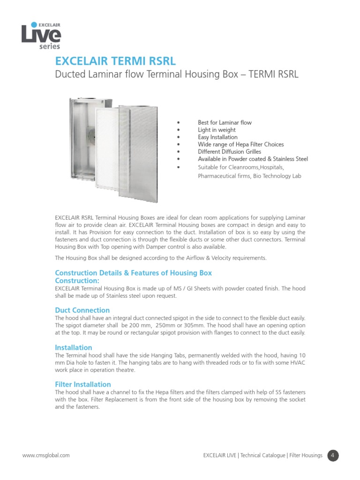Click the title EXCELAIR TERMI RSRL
coord(116,61)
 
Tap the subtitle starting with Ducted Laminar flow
coord(177,75)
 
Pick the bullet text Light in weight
coord(217,130)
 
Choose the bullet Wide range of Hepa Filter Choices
coord(240,144)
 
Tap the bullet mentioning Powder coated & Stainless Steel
coord(253,159)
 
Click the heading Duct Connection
coord(82,310)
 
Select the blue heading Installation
coord(73,348)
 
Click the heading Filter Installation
coord(82,384)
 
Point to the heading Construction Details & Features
coord(133,273)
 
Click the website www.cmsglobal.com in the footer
coord(46,455)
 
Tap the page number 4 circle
coord(333,455)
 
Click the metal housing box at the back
coord(81,136)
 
